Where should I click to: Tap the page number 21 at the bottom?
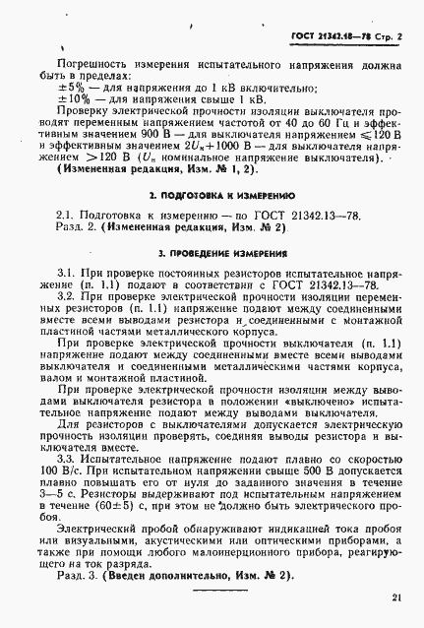pos(395,597)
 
